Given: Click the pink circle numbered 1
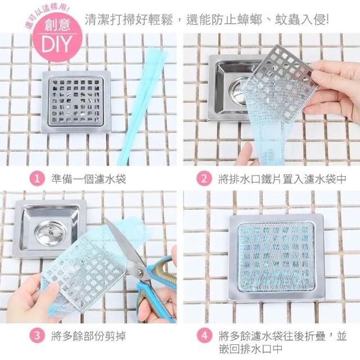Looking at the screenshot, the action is (37, 179).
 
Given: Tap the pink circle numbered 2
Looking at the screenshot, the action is (204, 179).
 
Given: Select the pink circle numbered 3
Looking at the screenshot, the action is (37, 336).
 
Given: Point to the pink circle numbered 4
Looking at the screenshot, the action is (204, 336).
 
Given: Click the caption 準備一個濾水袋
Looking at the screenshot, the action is (89, 179).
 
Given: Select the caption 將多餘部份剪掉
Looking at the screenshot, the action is (89, 336).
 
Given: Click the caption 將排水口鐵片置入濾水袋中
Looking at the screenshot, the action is (282, 179).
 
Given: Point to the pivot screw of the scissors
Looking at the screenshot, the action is (139, 271).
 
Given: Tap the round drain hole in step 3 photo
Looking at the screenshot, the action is (50, 233).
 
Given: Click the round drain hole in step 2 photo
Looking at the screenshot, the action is (238, 91).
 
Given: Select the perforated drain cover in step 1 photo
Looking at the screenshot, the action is (76, 101).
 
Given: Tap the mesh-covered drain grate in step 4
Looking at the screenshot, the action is (276, 257).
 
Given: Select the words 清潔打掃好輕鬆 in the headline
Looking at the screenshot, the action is (129, 20).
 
